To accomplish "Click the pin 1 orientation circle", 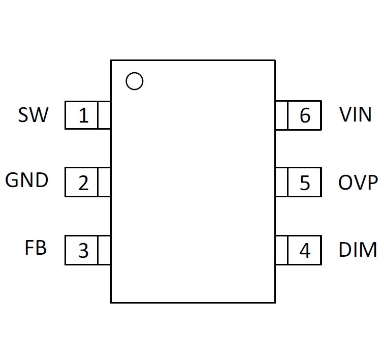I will tap(134, 81).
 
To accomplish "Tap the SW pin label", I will tap(34, 115).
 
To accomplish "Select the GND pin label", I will tap(27, 181).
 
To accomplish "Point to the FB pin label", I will tap(36, 248).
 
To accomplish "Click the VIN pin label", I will tap(356, 115).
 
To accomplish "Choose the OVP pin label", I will tap(358, 183).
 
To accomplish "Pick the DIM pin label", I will tap(358, 250).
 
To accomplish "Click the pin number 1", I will tap(83, 115).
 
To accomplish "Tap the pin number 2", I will tap(83, 183).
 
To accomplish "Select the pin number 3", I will tap(83, 250).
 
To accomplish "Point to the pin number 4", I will tap(304, 250).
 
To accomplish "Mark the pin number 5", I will tap(304, 183).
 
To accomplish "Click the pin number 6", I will tap(304, 115).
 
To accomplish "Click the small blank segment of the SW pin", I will tap(104, 115).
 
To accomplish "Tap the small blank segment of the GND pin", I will tap(104, 182).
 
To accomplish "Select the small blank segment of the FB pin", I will tap(104, 250).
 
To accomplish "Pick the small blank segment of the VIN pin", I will tap(281, 115).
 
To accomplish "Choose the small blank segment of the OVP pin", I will tap(281, 182).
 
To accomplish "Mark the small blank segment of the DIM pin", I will tap(281, 250).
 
